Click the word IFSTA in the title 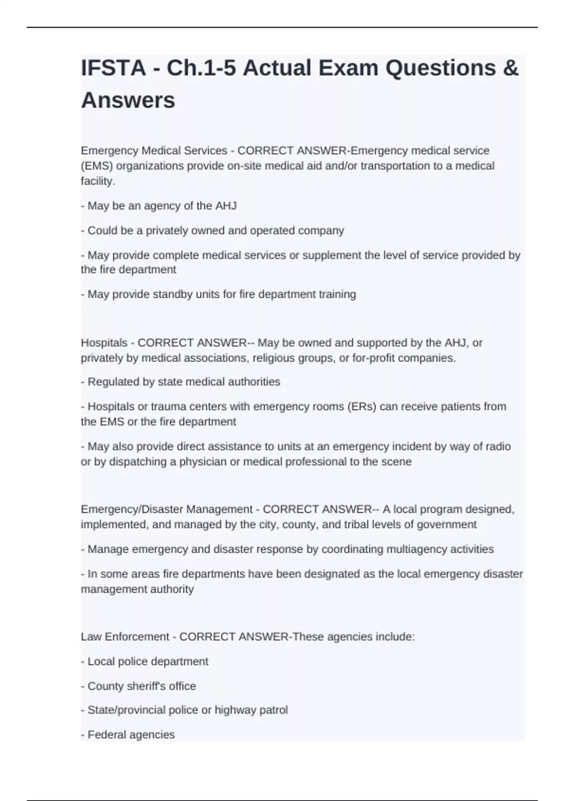tap(113, 68)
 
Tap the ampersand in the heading tap(510, 68)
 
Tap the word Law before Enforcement tap(91, 637)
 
